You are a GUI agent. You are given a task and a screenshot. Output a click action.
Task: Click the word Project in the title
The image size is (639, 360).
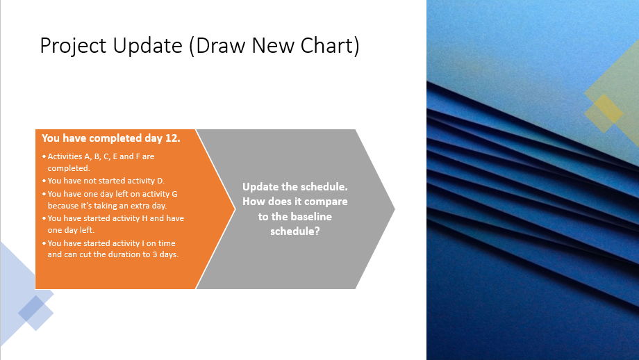[x=69, y=46]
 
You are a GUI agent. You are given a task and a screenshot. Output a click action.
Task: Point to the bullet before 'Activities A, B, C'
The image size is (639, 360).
[x=44, y=157]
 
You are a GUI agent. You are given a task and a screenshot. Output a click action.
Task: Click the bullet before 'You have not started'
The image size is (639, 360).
[x=44, y=181]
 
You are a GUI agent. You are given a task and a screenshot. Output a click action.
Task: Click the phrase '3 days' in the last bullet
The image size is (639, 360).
[x=167, y=254]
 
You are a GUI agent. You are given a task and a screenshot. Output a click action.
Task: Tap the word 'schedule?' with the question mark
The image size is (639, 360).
[x=294, y=231]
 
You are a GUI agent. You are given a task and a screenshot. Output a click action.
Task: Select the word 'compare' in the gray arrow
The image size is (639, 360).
[x=325, y=202]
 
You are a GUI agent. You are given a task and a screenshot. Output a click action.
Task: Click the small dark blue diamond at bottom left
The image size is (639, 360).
[x=32, y=309]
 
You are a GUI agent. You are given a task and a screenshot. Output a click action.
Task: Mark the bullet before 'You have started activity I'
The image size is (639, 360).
[x=44, y=243]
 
